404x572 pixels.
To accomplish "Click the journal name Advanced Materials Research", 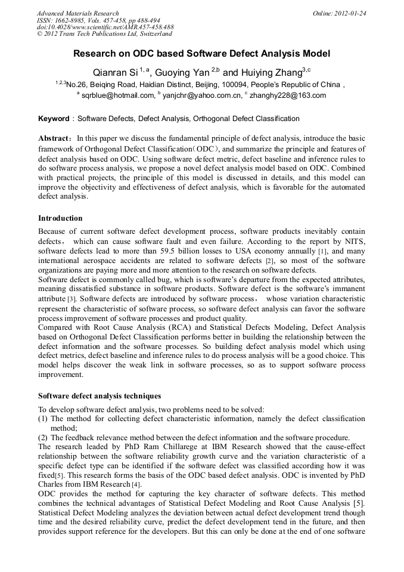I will (77, 13).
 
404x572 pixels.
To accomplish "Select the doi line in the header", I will (105, 27).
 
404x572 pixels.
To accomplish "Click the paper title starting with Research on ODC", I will (201, 54).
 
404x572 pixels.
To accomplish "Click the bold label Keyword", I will (54, 119).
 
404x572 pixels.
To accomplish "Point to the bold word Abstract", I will (55, 138).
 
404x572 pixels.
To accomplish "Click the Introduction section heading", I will (60, 218).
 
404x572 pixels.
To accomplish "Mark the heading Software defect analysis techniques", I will (99, 395).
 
